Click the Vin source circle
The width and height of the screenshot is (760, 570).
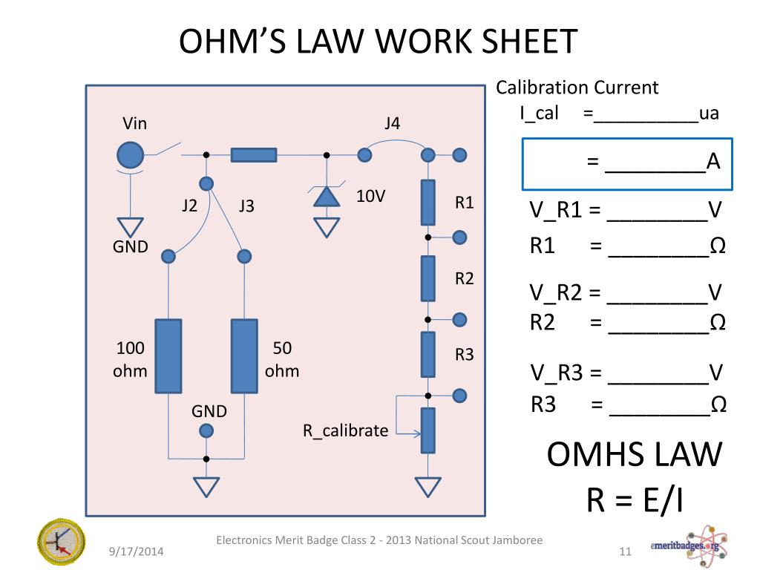[x=131, y=155]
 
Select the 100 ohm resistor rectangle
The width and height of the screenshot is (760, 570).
[x=168, y=356]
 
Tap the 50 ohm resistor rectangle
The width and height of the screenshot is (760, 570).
[x=244, y=356]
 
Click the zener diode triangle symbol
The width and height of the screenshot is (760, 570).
[x=325, y=196]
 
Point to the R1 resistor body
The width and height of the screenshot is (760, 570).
[x=428, y=202]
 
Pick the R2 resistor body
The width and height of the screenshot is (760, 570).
[x=428, y=278]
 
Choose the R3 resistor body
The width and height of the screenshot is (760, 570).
[x=428, y=355]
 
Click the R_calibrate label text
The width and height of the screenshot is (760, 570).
[x=345, y=430]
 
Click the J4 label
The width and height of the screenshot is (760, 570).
[x=392, y=124]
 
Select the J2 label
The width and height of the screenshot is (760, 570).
[x=190, y=206]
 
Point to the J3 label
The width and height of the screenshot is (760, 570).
[x=246, y=206]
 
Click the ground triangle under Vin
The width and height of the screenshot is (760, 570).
[x=131, y=228]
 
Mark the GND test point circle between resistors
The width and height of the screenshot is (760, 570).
[x=206, y=430]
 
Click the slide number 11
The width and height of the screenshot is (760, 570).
[x=624, y=551]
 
